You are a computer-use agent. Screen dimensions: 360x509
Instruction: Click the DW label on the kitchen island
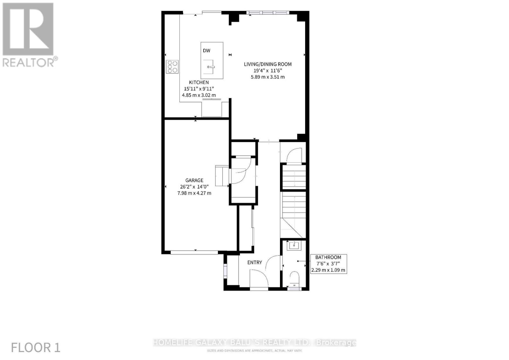(x=206, y=51)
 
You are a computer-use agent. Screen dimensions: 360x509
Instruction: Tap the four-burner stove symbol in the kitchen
(x=172, y=67)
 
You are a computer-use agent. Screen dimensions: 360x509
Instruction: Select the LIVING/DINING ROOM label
(x=268, y=64)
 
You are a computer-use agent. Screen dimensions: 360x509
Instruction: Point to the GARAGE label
(x=194, y=180)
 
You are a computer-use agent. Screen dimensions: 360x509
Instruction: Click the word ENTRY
(x=254, y=262)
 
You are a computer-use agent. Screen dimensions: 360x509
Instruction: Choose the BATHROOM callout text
(x=328, y=257)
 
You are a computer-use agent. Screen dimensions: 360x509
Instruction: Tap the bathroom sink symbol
(x=294, y=245)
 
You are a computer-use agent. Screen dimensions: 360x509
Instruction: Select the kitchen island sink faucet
(x=211, y=67)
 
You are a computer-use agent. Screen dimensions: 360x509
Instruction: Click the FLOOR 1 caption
(x=36, y=348)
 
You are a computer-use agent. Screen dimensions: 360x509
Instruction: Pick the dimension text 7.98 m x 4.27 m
(x=194, y=193)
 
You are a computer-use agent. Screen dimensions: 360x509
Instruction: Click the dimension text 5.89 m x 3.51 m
(x=268, y=77)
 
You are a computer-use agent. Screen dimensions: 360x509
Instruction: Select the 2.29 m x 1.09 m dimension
(x=328, y=270)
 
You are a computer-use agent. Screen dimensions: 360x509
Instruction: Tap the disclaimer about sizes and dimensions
(x=254, y=350)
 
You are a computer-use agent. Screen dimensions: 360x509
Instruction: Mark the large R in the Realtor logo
(x=28, y=29)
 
